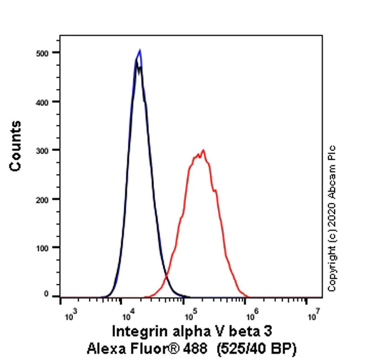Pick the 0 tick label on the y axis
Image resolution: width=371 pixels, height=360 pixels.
pos(47,295)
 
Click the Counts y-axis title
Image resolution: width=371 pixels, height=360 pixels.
pos(16,146)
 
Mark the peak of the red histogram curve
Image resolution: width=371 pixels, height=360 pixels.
pos(202,150)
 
